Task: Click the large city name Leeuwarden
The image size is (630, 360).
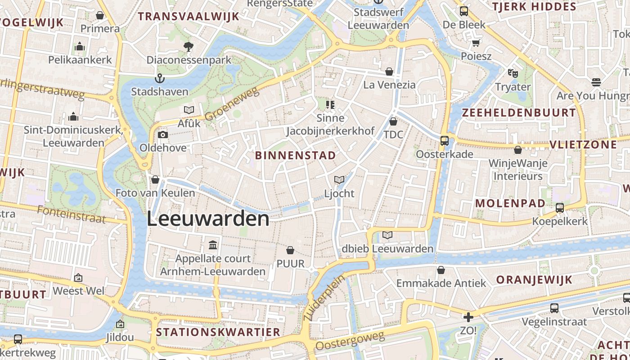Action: click(x=208, y=219)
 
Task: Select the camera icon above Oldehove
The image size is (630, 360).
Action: click(x=162, y=135)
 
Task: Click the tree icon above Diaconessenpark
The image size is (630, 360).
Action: click(x=189, y=46)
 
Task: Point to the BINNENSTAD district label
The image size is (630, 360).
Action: click(x=295, y=156)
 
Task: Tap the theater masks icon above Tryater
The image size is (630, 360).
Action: click(x=513, y=73)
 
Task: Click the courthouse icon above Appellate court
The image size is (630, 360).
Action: click(x=213, y=245)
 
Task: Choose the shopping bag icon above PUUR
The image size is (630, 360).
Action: click(x=290, y=250)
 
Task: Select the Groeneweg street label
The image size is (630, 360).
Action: click(x=233, y=104)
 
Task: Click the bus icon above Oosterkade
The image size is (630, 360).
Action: click(x=444, y=141)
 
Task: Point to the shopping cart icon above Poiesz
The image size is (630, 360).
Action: click(x=476, y=43)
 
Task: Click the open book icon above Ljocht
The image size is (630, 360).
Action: click(x=339, y=180)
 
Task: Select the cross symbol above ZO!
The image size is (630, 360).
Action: click(x=468, y=317)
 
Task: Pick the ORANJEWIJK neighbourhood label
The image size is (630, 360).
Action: click(x=534, y=279)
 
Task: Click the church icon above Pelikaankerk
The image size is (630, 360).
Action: click(x=80, y=46)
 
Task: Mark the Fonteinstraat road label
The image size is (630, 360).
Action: click(x=72, y=215)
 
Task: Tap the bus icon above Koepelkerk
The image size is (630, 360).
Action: click(x=560, y=208)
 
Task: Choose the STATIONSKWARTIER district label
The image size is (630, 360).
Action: click(x=218, y=332)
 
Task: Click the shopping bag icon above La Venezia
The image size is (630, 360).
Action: click(x=389, y=72)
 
